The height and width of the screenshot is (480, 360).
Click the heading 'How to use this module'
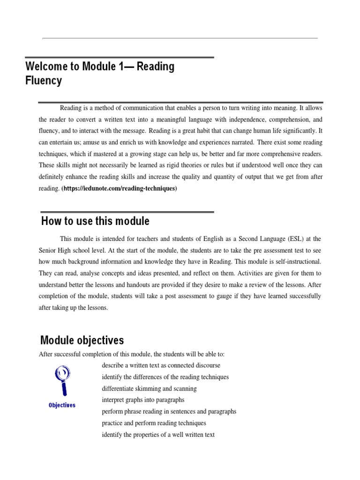[95, 221]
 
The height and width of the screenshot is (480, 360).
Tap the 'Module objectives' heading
[82, 340]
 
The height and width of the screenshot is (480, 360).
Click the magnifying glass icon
[62, 380]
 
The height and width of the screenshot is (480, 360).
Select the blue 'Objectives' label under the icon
[62, 405]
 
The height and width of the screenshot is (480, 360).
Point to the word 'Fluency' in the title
[44, 81]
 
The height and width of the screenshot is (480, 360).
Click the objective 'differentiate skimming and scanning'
[149, 389]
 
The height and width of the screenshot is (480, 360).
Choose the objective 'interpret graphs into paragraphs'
[143, 400]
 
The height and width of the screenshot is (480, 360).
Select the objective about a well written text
[158, 435]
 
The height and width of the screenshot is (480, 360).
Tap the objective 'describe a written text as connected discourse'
[161, 365]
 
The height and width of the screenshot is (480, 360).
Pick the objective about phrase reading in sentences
[169, 411]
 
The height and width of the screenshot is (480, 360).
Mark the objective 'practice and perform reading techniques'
[154, 423]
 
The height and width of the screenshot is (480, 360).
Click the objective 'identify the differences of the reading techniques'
[165, 377]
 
